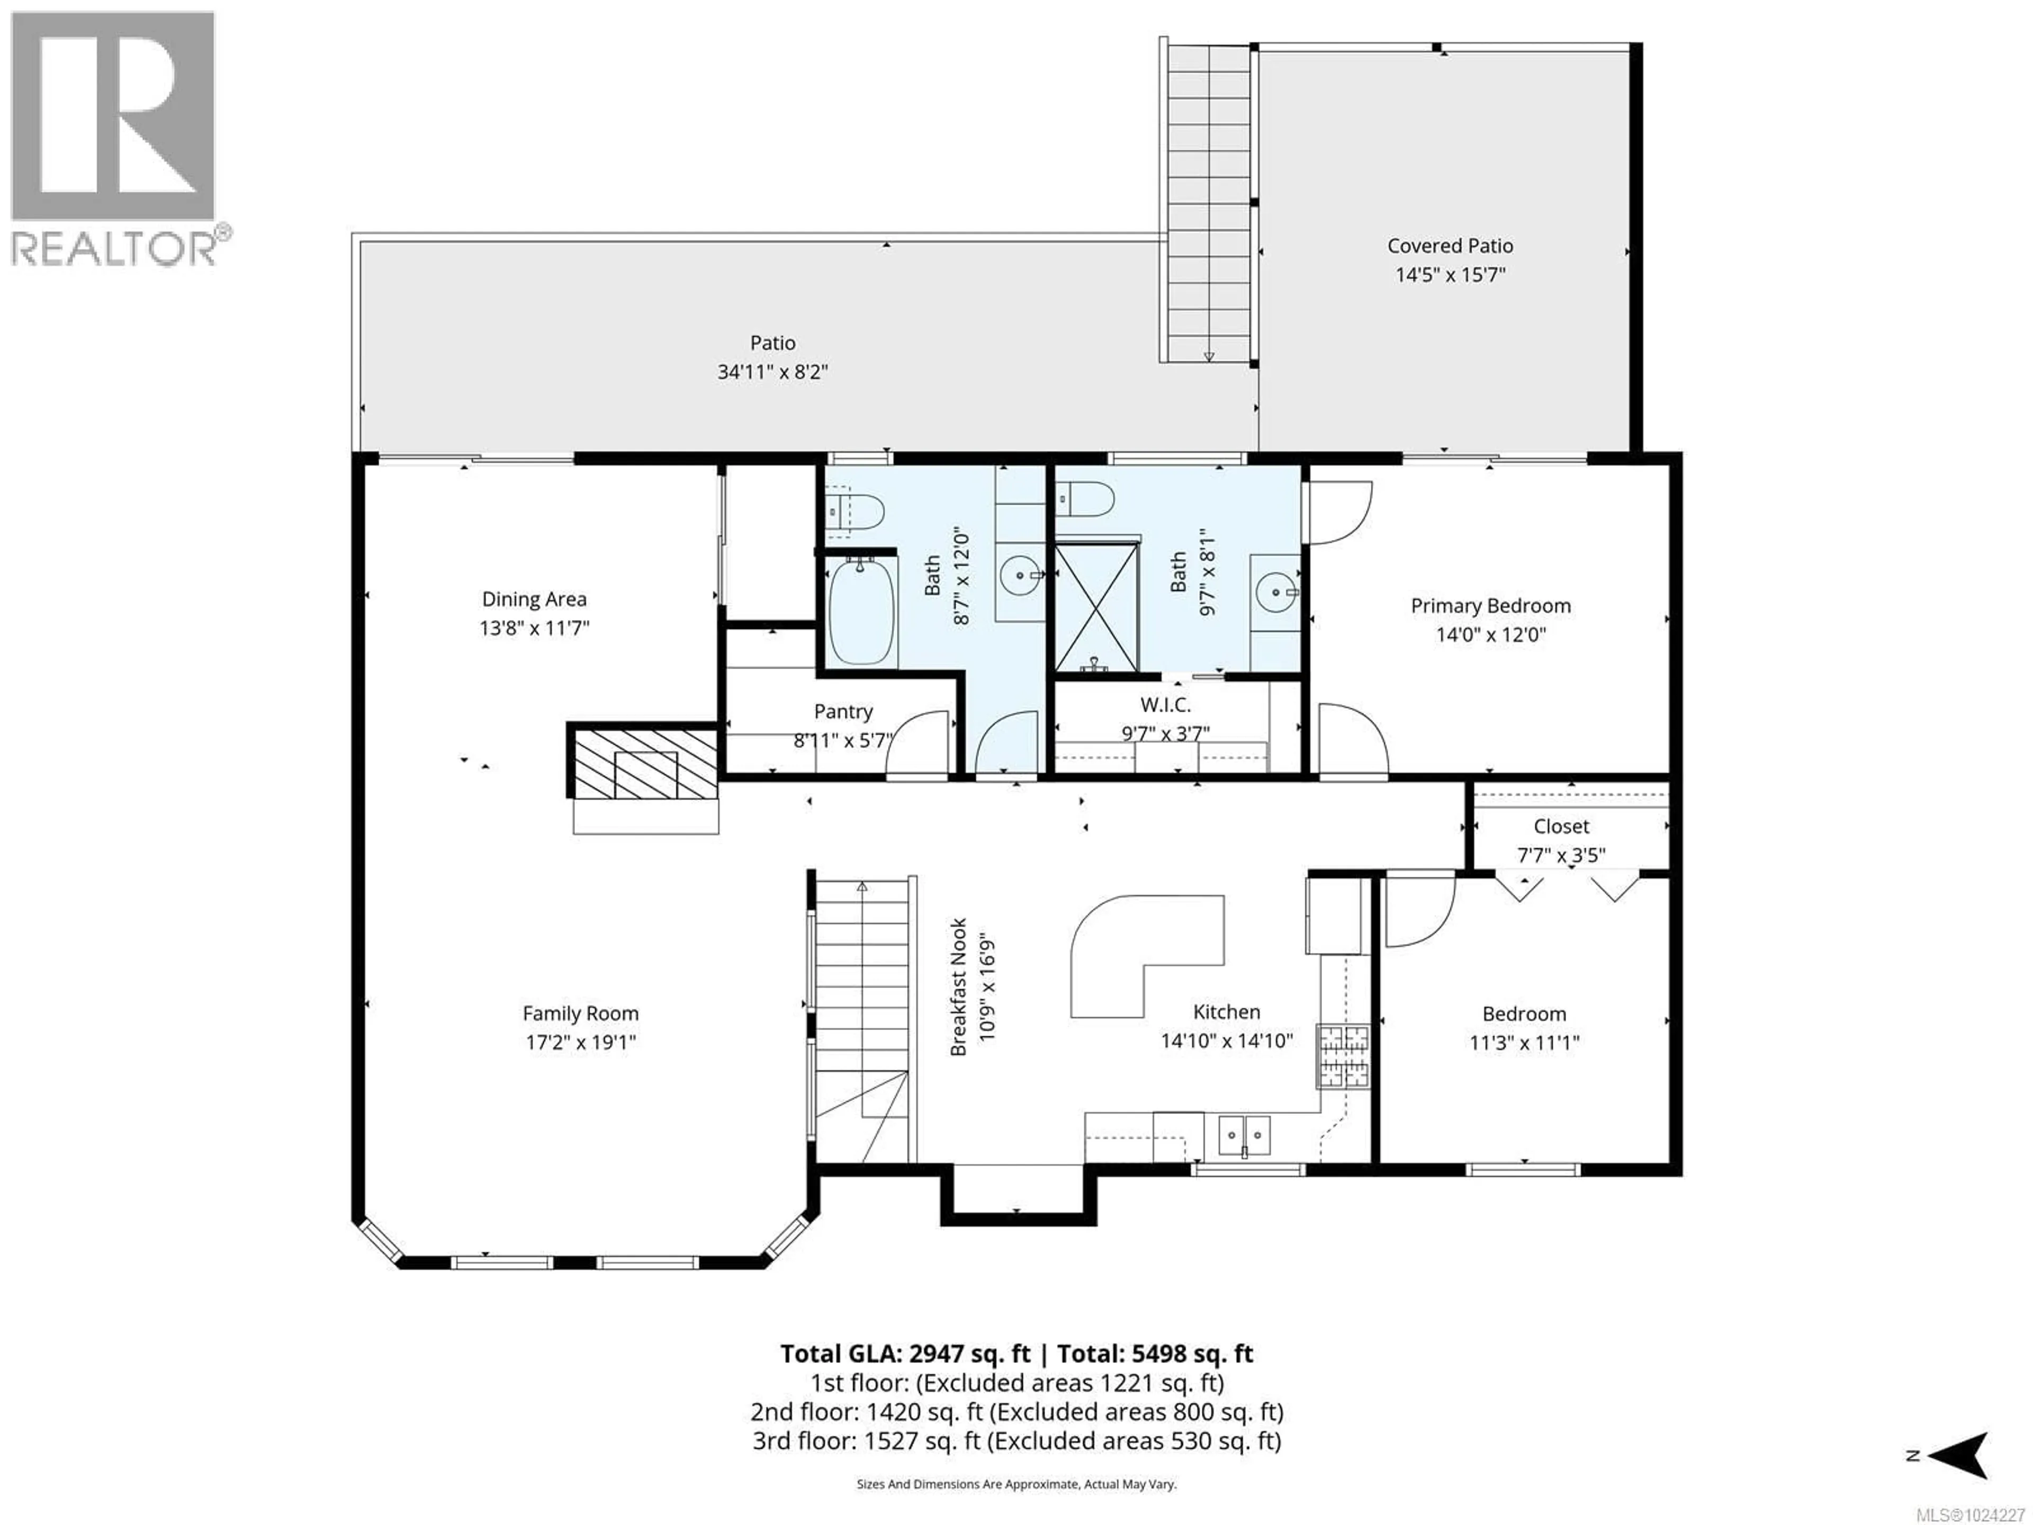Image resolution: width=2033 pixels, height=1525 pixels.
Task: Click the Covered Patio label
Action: [1450, 246]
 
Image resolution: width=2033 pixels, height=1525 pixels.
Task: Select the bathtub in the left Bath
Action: [862, 611]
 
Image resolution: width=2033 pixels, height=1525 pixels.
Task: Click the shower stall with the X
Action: [1096, 607]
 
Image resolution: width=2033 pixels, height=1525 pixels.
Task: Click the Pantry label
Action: [843, 712]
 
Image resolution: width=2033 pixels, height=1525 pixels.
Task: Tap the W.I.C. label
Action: [1165, 705]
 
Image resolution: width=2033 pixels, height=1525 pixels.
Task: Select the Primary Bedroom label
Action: [1490, 606]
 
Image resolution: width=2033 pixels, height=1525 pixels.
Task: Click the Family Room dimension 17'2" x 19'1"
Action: [580, 1043]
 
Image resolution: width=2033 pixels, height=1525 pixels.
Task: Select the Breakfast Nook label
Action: [958, 986]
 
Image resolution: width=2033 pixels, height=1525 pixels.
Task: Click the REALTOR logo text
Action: [115, 248]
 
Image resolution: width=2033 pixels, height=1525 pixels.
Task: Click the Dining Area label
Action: [534, 599]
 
